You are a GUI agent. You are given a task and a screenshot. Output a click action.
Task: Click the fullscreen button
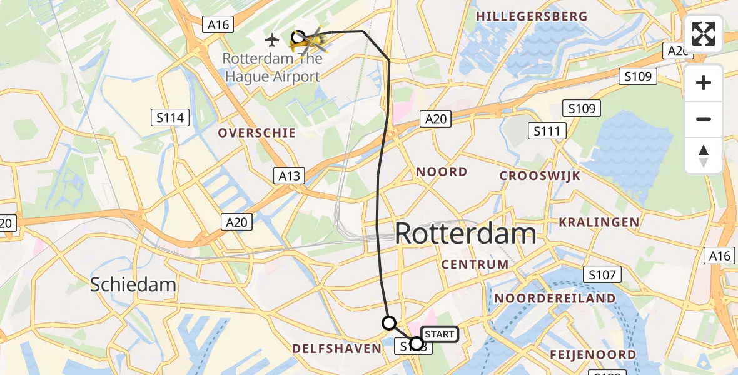tap(704, 34)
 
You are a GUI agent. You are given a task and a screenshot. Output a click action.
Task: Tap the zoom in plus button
tap(704, 82)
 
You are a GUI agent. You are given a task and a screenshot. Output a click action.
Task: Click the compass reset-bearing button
tap(704, 156)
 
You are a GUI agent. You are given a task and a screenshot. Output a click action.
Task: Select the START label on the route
tap(439, 334)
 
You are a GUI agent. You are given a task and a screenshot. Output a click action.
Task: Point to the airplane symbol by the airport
tap(272, 41)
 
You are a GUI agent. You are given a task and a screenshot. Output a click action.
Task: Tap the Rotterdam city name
tap(466, 234)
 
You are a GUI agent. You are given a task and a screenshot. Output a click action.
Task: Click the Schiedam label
tap(133, 285)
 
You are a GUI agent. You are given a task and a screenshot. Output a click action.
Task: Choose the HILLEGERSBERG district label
tap(532, 17)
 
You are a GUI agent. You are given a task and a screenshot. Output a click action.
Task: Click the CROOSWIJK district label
tap(540, 176)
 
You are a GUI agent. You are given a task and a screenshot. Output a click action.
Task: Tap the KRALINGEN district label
tap(599, 222)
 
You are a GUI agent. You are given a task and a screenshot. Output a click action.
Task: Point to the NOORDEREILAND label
tap(555, 299)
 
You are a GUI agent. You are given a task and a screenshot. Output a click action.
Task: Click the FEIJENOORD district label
tap(592, 355)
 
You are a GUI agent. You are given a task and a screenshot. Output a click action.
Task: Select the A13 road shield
tap(290, 176)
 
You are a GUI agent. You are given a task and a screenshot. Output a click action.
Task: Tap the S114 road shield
tap(169, 117)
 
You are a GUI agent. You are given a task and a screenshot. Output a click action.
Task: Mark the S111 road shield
tap(547, 131)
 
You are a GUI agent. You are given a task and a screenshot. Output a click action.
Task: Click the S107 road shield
tap(602, 274)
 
